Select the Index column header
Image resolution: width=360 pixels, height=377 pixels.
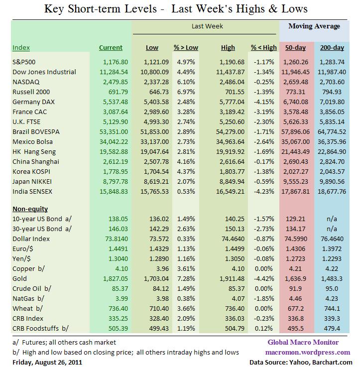[21, 48]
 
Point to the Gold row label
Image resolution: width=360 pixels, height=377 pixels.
[20, 279]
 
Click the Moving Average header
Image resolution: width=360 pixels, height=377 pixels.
[314, 26]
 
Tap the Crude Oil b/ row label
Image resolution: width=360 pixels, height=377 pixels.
[31, 288]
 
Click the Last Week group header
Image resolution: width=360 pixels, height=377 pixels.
[207, 26]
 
